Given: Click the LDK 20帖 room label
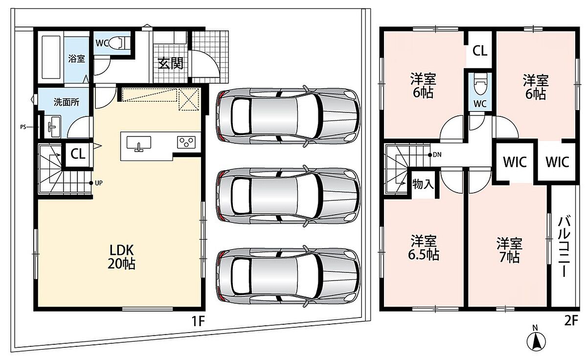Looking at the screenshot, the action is [122, 257].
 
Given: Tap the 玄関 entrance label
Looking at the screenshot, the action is [171, 63].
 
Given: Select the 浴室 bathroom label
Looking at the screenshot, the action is [76, 58].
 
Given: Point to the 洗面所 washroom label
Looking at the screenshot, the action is [67, 102].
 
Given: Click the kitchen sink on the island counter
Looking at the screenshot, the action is [138, 143].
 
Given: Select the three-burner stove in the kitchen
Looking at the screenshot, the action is [186, 142].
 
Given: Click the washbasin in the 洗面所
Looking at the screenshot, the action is [53, 127].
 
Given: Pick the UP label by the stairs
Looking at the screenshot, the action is [98, 183].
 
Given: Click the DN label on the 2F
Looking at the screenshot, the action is [437, 155].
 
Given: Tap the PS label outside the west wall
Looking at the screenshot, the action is [23, 127].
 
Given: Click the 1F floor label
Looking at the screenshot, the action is [198, 321].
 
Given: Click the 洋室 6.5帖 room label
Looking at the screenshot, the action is [424, 247].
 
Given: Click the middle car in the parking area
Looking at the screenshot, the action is [288, 196].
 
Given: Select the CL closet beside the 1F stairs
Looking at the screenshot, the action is [78, 154].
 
